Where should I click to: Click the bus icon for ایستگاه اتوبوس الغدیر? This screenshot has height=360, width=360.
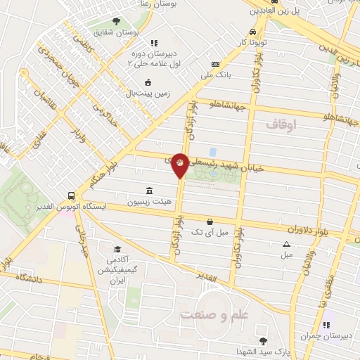pyautogui.click(x=71, y=197)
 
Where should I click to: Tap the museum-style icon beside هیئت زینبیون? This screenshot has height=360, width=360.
pyautogui.click(x=148, y=191)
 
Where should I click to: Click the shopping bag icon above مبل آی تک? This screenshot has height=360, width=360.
pyautogui.click(x=210, y=222)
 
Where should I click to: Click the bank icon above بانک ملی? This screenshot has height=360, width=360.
pyautogui.click(x=225, y=64)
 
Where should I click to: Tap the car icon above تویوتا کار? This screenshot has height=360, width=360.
pyautogui.click(x=252, y=32)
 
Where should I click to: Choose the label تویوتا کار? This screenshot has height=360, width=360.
pyautogui.click(x=252, y=43)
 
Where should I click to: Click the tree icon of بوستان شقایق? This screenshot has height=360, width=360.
pyautogui.click(x=117, y=21)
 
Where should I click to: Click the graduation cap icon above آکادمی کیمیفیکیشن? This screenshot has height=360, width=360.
pyautogui.click(x=118, y=250)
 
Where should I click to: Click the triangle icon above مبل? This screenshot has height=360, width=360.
pyautogui.click(x=286, y=244)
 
